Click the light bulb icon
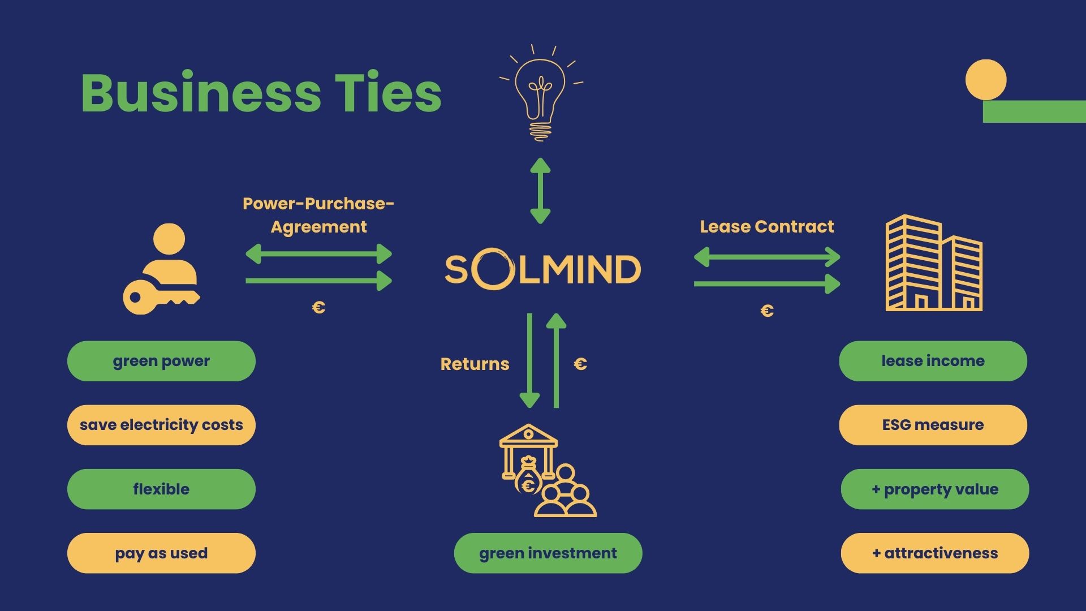click(541, 93)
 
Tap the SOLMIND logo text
click(542, 269)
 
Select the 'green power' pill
click(161, 361)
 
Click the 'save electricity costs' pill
click(161, 425)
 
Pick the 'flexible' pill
click(161, 489)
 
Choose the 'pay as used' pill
click(161, 553)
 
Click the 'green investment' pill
click(548, 553)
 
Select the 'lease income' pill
click(933, 361)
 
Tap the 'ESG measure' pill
click(933, 425)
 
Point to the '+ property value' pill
click(934, 489)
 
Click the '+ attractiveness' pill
click(934, 553)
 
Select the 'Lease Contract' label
click(766, 227)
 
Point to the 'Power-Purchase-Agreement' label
click(318, 215)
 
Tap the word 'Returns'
click(475, 364)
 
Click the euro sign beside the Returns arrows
click(580, 364)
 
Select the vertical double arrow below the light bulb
click(540, 191)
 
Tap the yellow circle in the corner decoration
click(985, 80)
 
